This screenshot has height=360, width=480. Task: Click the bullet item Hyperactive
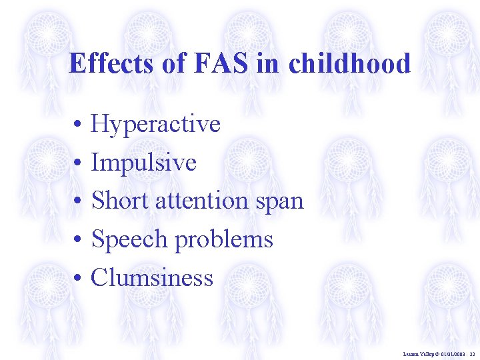[155, 124]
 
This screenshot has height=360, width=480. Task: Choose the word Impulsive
[144, 162]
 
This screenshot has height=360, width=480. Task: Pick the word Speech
[129, 239]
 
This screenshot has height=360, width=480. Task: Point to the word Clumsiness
[152, 277]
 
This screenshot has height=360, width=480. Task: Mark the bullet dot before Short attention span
[78, 201]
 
